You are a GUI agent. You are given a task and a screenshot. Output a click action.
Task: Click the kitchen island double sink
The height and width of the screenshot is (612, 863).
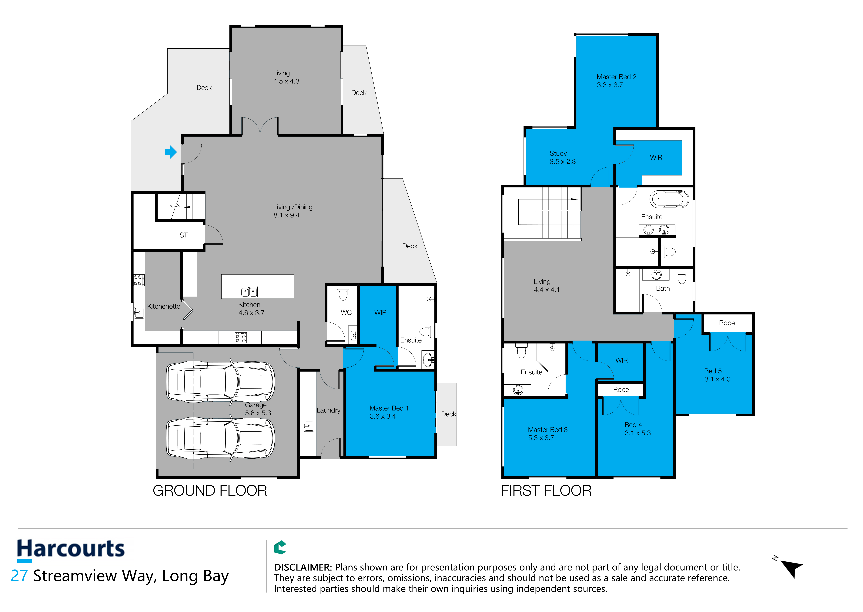(x=249, y=291)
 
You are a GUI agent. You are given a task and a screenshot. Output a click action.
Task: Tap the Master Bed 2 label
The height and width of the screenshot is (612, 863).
(x=616, y=77)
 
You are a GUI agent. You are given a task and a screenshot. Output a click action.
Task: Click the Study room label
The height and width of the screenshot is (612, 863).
(x=558, y=153)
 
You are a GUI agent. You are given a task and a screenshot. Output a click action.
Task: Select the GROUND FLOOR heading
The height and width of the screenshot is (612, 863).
(x=210, y=491)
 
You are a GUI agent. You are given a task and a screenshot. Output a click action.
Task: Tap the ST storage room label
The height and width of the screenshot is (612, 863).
(x=183, y=235)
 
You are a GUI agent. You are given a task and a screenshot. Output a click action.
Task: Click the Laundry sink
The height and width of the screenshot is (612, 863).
(x=309, y=426)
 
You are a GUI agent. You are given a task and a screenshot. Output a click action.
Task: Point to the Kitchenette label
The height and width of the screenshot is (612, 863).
(x=163, y=306)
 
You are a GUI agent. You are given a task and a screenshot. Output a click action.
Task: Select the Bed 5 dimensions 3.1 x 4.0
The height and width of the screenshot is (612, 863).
(x=717, y=379)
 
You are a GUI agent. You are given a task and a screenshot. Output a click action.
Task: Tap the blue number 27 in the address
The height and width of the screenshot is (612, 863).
(x=19, y=576)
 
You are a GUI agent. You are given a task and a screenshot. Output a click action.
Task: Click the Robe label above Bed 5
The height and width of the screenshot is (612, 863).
(x=727, y=323)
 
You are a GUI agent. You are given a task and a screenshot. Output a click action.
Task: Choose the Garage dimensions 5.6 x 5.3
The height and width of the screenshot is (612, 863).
(x=258, y=413)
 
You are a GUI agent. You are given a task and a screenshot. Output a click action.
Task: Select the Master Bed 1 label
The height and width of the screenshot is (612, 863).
(x=389, y=408)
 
